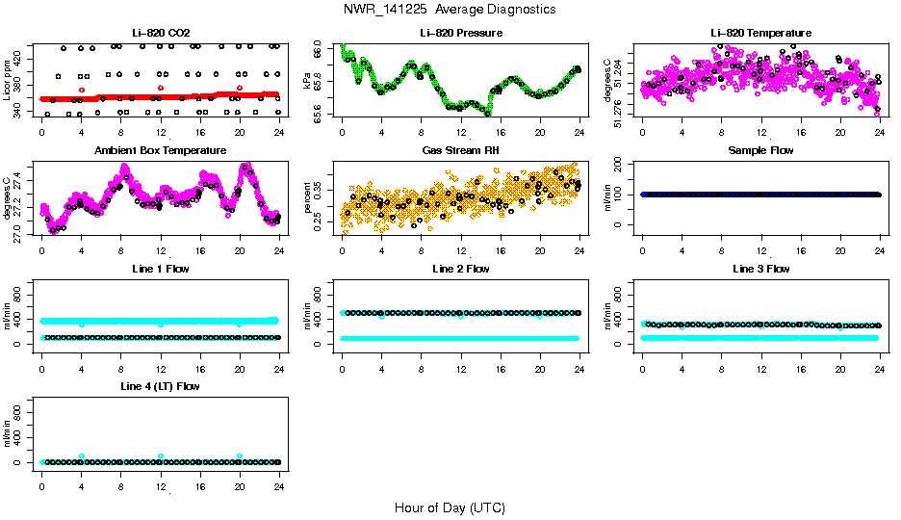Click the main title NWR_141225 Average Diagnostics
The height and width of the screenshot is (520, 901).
click(450, 10)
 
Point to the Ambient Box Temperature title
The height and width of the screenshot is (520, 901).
click(160, 151)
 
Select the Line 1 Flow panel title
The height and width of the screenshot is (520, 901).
click(160, 269)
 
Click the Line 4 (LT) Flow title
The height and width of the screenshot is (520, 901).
click(160, 386)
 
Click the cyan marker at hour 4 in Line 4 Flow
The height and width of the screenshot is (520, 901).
click(82, 456)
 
